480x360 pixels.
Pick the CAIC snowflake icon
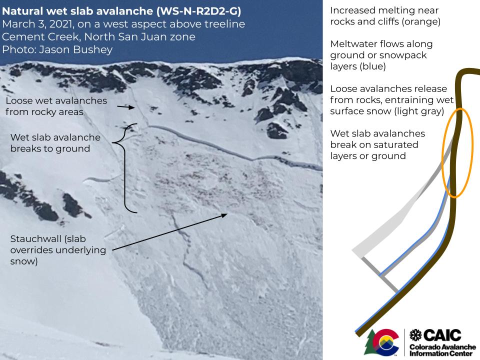(x=416, y=335)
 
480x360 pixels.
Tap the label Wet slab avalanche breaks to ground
(x=55, y=142)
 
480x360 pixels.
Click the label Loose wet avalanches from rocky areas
(x=56, y=106)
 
